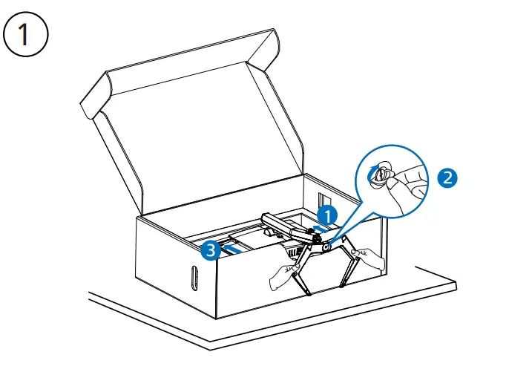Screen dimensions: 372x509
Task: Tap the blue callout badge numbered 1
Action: pos(328,214)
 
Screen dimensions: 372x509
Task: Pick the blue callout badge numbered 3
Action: pos(211,251)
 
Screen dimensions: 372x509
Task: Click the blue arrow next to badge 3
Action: pos(231,251)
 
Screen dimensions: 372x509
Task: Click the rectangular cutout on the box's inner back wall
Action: pos(327,201)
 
